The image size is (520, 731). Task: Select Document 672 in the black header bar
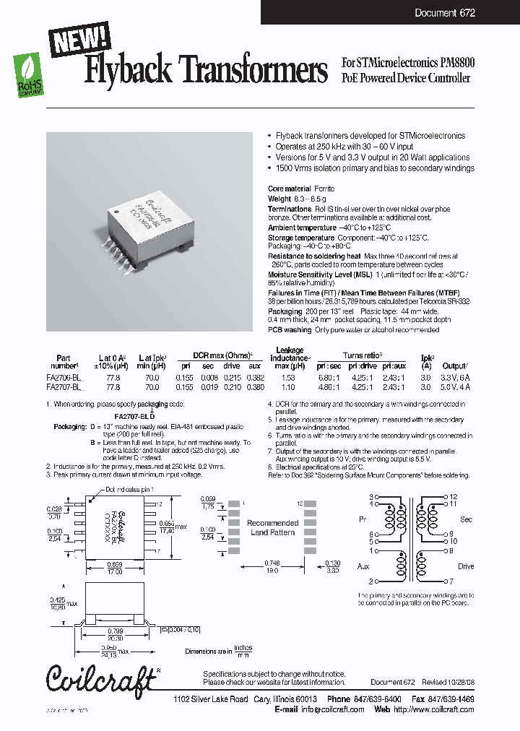coord(445,13)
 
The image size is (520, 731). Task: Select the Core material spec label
coord(288,189)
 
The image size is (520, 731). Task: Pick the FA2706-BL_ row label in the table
coord(69,378)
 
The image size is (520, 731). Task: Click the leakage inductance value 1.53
coord(288,378)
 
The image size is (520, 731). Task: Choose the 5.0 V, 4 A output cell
coord(456,386)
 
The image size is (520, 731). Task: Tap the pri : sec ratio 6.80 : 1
coord(330,378)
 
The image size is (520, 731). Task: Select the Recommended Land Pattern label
coord(272,527)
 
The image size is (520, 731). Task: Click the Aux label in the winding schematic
coord(363,567)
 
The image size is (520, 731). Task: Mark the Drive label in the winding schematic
coord(466,567)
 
